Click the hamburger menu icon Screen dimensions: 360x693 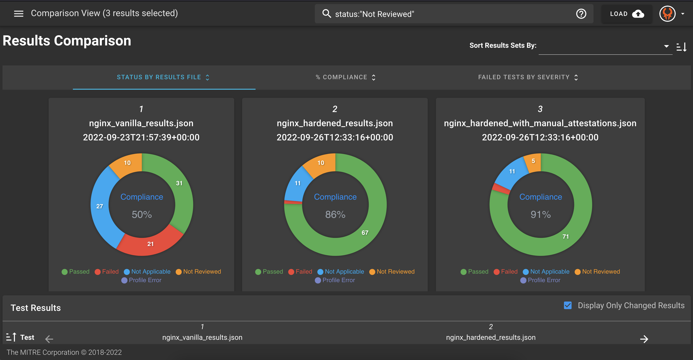(19, 13)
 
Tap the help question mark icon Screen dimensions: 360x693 (581, 14)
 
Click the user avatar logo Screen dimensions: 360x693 (667, 14)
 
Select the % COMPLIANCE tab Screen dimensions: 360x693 (345, 77)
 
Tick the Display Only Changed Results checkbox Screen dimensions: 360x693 (568, 305)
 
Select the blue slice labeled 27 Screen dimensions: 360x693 (100, 206)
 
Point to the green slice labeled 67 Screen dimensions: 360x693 (365, 233)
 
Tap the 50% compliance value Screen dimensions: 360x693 (142, 215)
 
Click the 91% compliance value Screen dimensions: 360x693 (540, 215)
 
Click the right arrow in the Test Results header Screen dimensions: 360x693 (644, 339)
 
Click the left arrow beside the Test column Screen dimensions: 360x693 (49, 339)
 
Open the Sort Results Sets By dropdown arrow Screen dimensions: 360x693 (666, 46)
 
